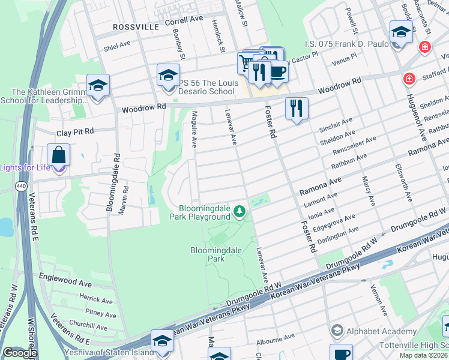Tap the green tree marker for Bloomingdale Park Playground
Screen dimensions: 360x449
coord(240,211)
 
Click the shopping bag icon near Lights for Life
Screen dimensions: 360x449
coord(59,155)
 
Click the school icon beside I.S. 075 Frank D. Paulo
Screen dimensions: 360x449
coord(400,32)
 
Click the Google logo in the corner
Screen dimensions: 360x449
coord(19,353)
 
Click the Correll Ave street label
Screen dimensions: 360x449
coord(184,20)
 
